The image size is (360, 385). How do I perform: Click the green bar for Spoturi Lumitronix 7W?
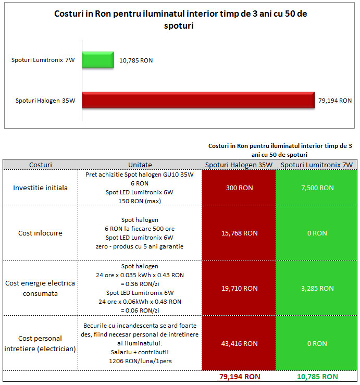(98, 60)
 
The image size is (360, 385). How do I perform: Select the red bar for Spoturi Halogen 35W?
(198, 100)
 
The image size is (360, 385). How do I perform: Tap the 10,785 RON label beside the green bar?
(136, 60)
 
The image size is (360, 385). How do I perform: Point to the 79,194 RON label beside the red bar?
(335, 101)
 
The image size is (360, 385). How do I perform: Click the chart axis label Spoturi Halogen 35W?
(45, 101)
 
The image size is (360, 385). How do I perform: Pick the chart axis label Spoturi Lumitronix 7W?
(43, 60)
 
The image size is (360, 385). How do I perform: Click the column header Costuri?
(41, 165)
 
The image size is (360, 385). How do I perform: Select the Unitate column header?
(140, 165)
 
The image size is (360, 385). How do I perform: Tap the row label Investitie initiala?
(40, 188)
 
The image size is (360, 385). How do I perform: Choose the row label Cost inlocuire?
(40, 233)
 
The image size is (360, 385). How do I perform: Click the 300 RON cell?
(240, 188)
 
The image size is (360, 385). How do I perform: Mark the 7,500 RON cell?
(317, 188)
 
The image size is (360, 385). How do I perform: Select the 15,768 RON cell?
(240, 233)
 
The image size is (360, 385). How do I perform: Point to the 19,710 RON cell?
(240, 288)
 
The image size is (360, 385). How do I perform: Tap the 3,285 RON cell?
(317, 288)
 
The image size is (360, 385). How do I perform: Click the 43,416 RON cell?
(240, 343)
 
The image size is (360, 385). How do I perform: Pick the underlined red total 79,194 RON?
(240, 377)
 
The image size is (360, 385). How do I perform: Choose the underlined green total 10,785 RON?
(317, 377)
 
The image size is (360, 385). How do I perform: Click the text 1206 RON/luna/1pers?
(140, 361)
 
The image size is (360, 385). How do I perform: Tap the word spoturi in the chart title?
(179, 26)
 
